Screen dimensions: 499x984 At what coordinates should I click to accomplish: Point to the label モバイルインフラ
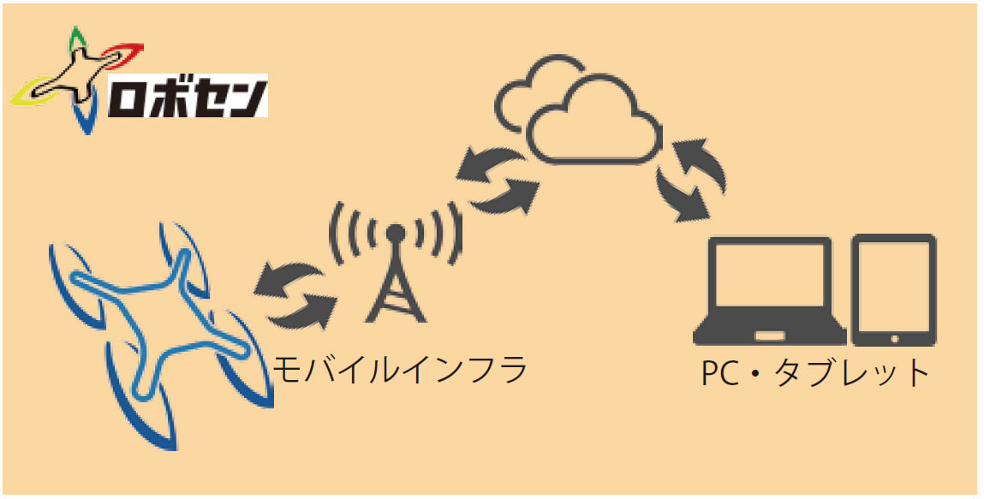[398, 370]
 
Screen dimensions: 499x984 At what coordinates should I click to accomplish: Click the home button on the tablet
[893, 338]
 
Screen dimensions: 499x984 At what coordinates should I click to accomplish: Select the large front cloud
[595, 120]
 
